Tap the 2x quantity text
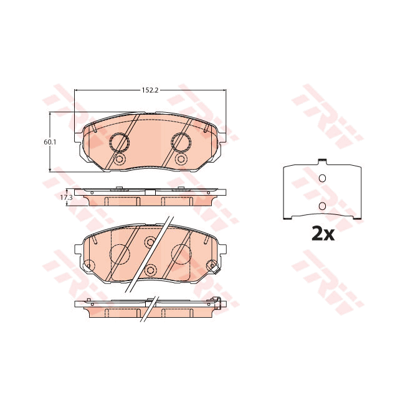tap(323, 234)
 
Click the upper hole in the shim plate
tap(322, 179)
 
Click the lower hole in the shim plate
tap(322, 206)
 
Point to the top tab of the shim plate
tap(322, 163)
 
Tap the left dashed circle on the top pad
tap(119, 143)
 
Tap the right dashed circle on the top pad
tap(181, 143)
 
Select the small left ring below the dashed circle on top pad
tap(119, 160)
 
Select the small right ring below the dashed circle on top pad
tap(181, 160)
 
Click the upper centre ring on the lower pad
tap(150, 242)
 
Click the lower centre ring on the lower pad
tap(150, 270)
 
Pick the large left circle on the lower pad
tap(119, 254)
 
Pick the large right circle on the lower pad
tap(181, 254)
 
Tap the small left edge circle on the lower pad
tap(88, 267)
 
